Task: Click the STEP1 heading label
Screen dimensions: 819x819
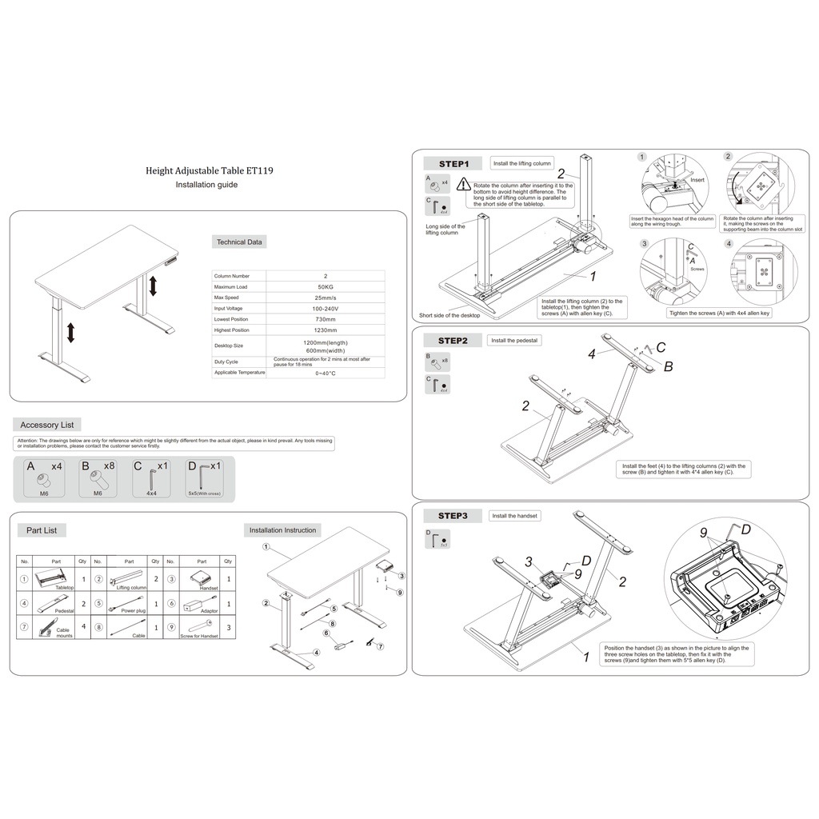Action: pos(453,164)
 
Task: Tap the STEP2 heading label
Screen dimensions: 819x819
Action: pos(453,341)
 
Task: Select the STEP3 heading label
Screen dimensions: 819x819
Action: pos(453,516)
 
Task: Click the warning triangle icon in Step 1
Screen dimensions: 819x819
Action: pos(464,185)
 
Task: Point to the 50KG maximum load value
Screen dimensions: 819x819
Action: pos(326,286)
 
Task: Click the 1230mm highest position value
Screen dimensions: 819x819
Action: pos(326,330)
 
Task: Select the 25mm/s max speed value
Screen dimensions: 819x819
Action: pos(326,298)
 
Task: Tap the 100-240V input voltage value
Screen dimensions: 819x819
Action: pos(326,308)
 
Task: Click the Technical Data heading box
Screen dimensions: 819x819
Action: pos(239,242)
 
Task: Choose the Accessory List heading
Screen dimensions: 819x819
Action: pos(47,425)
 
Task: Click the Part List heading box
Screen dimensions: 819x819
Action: pos(42,530)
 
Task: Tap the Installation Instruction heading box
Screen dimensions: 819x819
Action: pos(282,530)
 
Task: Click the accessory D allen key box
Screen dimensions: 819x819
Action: pos(204,478)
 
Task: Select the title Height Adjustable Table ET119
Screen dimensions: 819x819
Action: pos(206,170)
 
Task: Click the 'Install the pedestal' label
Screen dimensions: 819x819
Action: pos(515,341)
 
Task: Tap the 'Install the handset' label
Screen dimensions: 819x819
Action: pos(515,516)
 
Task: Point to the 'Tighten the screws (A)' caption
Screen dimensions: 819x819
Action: pos(719,314)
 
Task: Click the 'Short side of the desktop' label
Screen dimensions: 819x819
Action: pos(449,315)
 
